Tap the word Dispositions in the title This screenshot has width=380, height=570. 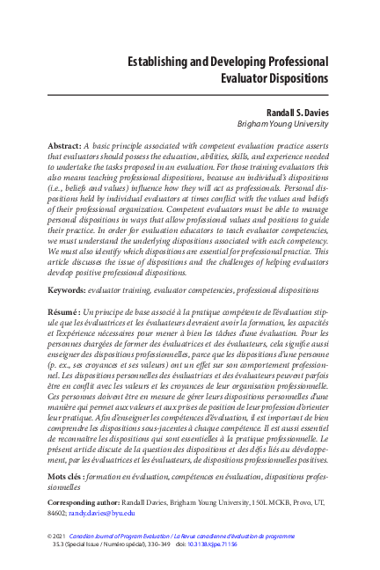click(292, 78)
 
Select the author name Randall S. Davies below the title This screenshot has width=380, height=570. click(291, 113)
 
